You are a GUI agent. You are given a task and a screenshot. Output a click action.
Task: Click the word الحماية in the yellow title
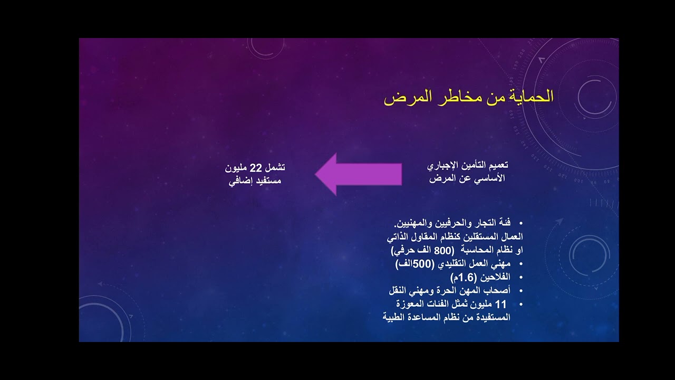529,98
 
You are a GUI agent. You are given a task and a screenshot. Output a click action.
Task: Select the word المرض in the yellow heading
404,98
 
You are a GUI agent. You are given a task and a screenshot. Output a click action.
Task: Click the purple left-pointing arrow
358,174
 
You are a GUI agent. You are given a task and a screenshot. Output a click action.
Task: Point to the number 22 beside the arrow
255,168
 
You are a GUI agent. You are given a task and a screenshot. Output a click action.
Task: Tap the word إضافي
238,182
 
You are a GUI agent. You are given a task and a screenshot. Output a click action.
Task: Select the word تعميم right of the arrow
496,166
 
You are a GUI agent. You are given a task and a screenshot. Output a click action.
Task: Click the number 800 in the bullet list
431,250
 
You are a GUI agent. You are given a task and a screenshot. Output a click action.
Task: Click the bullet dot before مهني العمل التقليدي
522,264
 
